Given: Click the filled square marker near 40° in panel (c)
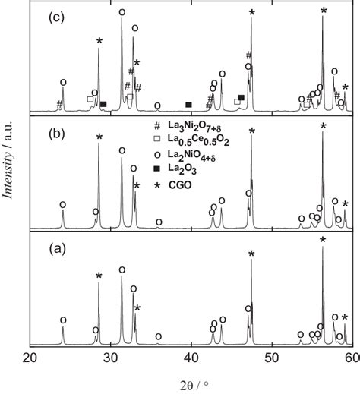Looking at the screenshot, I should [x=189, y=104].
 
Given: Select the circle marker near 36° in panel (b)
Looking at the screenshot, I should [x=159, y=222].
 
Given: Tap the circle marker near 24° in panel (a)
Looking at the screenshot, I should [x=63, y=320].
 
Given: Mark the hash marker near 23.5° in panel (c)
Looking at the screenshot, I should [x=59, y=104].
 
